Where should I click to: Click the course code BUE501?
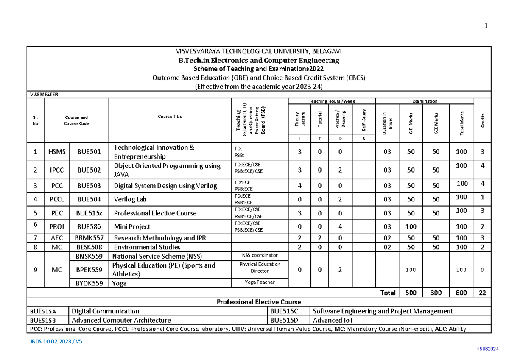(x=89, y=152)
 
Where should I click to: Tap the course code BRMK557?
(x=89, y=238)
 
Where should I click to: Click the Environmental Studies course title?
(x=147, y=247)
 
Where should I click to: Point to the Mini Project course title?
(x=132, y=226)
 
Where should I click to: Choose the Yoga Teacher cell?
(x=260, y=282)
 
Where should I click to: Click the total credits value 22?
(x=483, y=293)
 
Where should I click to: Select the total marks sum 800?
(x=461, y=293)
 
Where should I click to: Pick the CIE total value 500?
(x=411, y=293)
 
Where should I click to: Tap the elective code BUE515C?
(x=284, y=311)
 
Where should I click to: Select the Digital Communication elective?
(x=106, y=311)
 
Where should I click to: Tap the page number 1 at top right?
(x=486, y=26)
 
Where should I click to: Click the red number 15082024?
(x=488, y=348)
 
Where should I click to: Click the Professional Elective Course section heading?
(x=259, y=302)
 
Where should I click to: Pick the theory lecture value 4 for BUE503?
(x=299, y=185)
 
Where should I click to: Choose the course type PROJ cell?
(x=57, y=226)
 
